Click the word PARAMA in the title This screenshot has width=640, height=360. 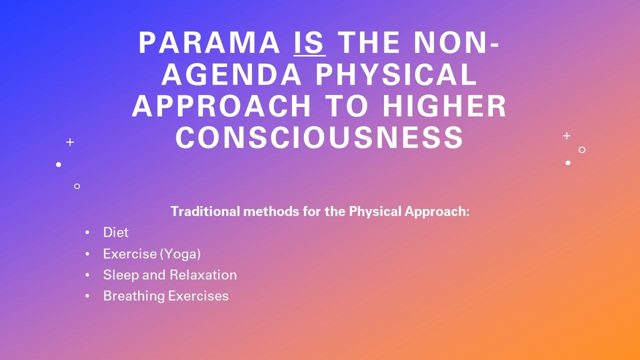point(209,42)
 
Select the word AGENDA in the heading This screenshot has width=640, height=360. point(231,74)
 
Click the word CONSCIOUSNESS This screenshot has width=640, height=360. point(319,137)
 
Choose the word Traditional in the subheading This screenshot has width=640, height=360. point(205,211)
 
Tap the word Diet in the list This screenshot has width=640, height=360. point(115,232)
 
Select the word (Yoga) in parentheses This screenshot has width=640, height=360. point(180,254)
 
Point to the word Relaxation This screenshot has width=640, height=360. point(203,275)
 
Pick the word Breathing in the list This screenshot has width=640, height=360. point(134,296)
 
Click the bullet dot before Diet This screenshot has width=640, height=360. point(87,232)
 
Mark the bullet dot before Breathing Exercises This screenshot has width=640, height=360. point(87,296)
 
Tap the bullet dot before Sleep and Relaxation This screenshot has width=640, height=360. point(87,275)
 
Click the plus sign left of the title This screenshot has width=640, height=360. point(70,142)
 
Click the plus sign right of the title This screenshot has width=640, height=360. point(566,135)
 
